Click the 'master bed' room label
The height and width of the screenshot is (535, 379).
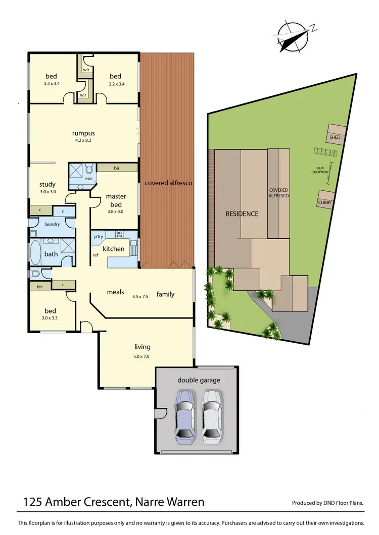coord(116,200)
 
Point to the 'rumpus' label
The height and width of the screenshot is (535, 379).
coord(83,133)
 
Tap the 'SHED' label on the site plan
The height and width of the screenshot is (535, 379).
coord(335,137)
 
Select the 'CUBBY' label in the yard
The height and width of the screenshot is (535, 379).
coord(324,202)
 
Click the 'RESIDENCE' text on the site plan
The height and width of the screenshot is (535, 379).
coord(242,213)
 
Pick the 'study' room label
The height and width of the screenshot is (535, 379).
coord(48,185)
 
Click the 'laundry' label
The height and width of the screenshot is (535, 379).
coord(52,224)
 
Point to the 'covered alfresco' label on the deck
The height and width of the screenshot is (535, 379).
coord(168,183)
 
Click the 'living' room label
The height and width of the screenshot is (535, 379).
coord(142,347)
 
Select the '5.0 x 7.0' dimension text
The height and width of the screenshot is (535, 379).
coord(142,356)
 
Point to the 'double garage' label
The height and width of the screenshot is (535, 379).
coord(199,380)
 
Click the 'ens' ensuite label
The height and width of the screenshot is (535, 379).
coord(88,178)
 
